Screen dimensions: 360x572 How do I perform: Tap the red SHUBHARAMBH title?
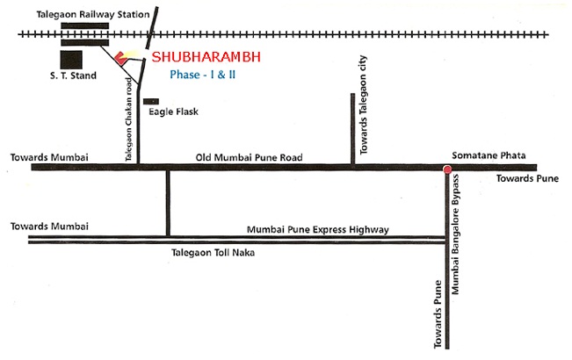coord(207,58)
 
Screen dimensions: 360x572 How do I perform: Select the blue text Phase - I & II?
coord(207,76)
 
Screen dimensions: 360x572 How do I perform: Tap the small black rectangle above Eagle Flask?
coord(151,101)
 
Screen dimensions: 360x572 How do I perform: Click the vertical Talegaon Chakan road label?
coord(128,118)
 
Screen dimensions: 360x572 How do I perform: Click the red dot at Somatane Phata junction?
coord(447,168)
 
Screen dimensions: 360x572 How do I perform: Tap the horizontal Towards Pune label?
coord(525,178)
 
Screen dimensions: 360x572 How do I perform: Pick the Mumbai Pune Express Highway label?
coord(317,229)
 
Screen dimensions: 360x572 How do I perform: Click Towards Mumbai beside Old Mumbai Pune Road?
coord(50,157)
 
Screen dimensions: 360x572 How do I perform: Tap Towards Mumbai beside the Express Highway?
coord(50,227)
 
